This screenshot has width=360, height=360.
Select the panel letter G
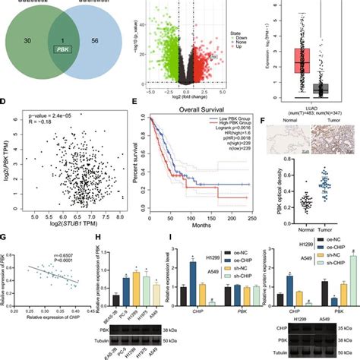click(5, 243)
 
